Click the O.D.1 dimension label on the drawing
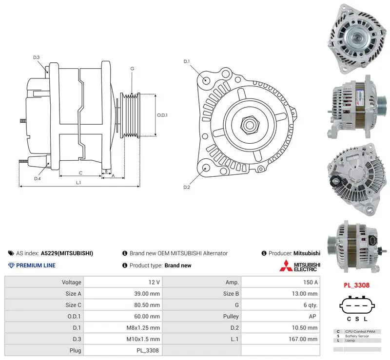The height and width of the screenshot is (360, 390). (x=162, y=115)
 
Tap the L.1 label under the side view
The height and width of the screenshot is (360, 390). (x=78, y=183)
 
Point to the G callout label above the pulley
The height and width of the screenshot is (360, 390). (x=132, y=69)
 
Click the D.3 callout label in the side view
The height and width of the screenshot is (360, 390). (x=36, y=57)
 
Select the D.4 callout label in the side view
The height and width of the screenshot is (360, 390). (x=38, y=178)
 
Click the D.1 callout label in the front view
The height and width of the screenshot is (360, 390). (x=187, y=61)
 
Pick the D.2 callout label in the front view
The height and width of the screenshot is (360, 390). (x=187, y=187)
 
